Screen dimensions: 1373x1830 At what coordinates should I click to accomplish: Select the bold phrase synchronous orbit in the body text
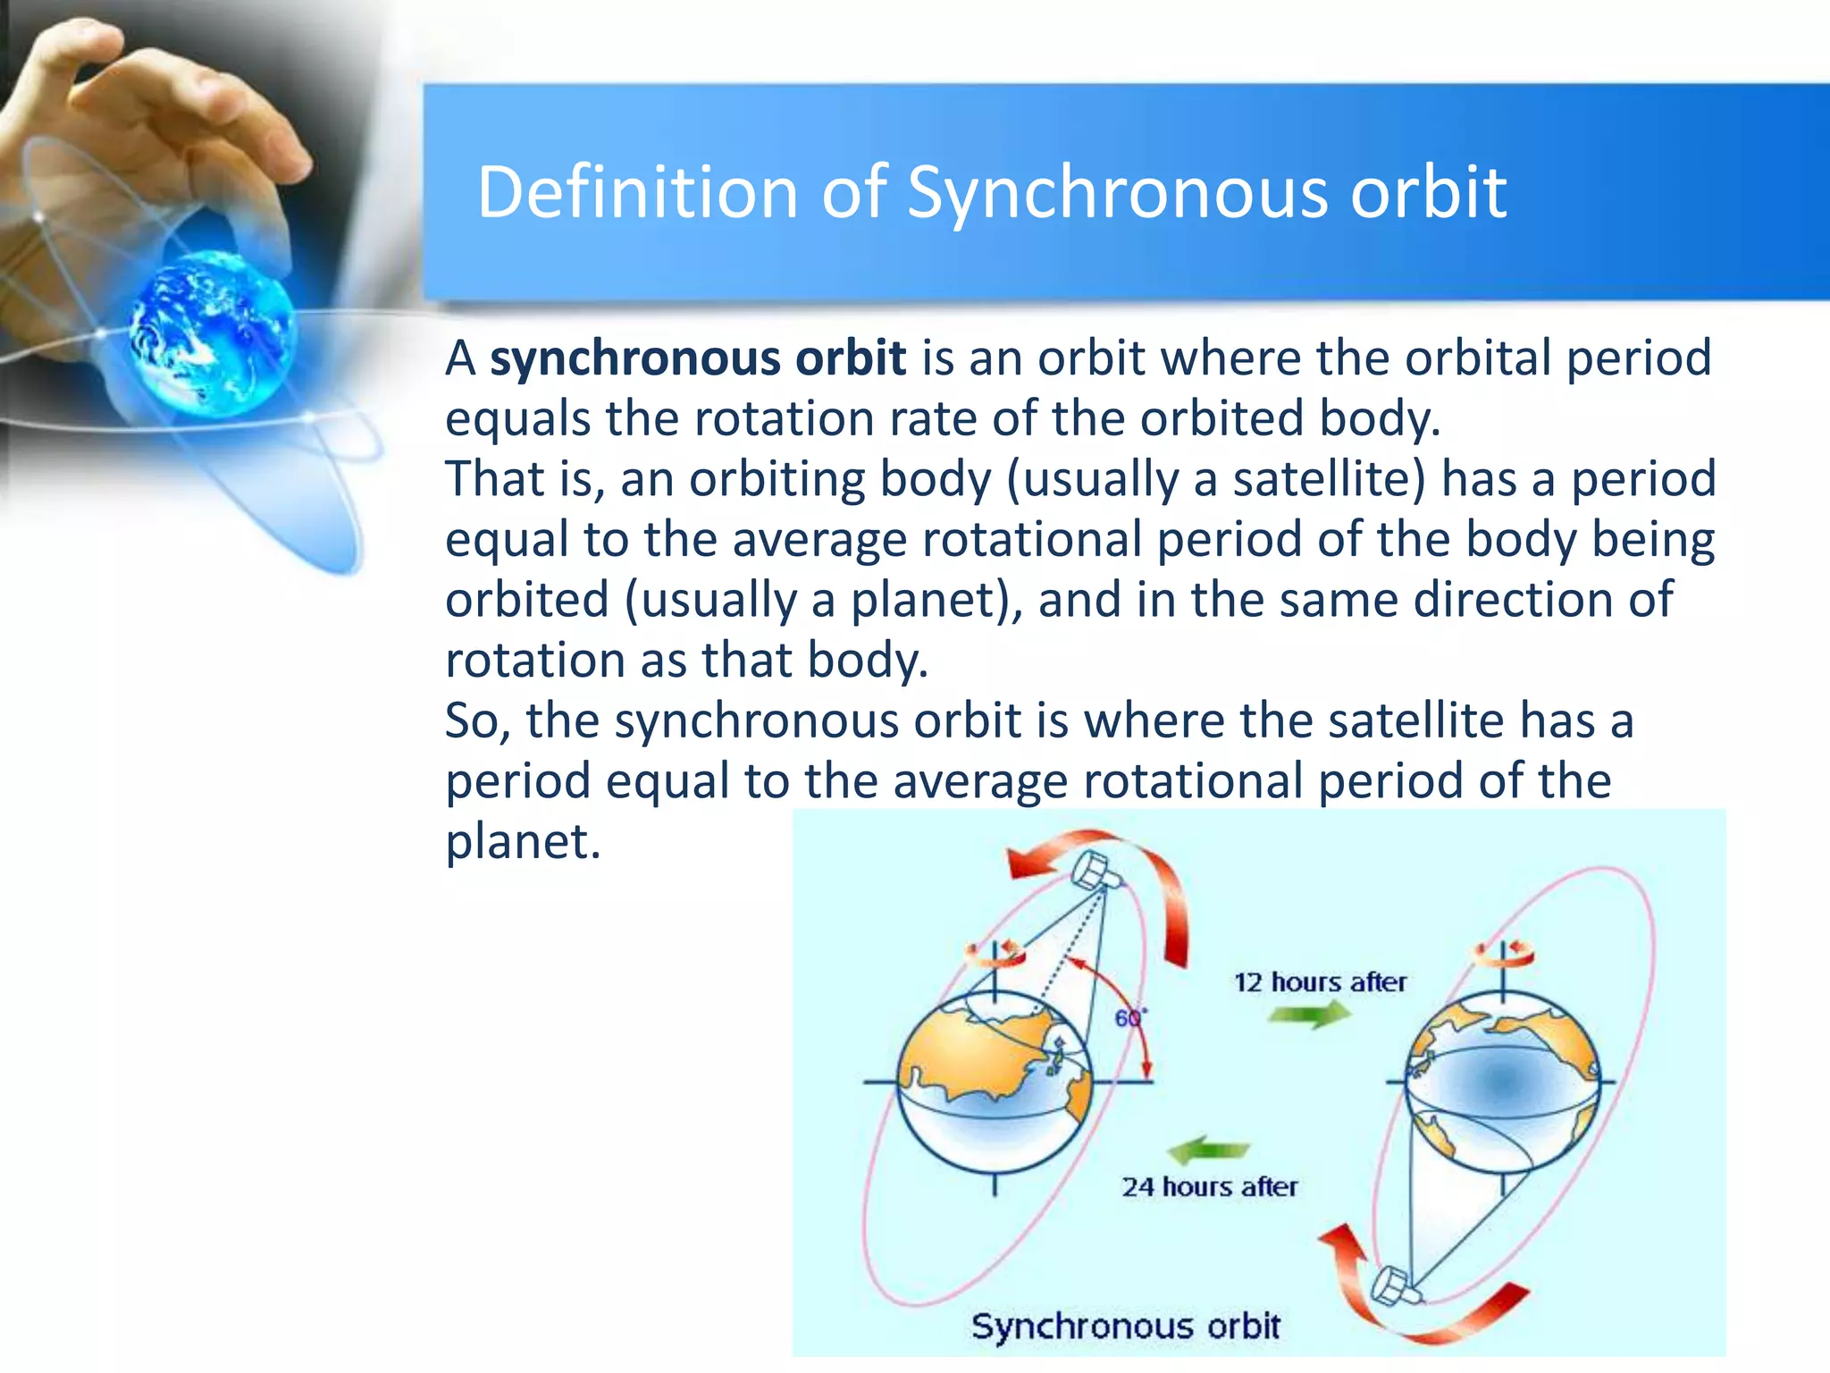click(698, 358)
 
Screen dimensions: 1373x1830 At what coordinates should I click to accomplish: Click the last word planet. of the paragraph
click(523, 841)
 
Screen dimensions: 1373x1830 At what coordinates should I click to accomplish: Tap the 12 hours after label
click(1320, 982)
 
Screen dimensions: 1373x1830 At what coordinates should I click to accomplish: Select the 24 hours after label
click(1209, 1187)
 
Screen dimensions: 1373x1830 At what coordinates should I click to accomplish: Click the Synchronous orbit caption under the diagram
click(1125, 1326)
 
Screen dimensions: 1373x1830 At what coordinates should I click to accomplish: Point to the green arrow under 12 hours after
click(1309, 1015)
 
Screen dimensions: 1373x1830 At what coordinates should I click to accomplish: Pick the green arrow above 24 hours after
click(1208, 1150)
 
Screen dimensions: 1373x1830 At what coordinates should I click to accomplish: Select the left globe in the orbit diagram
click(994, 1083)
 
